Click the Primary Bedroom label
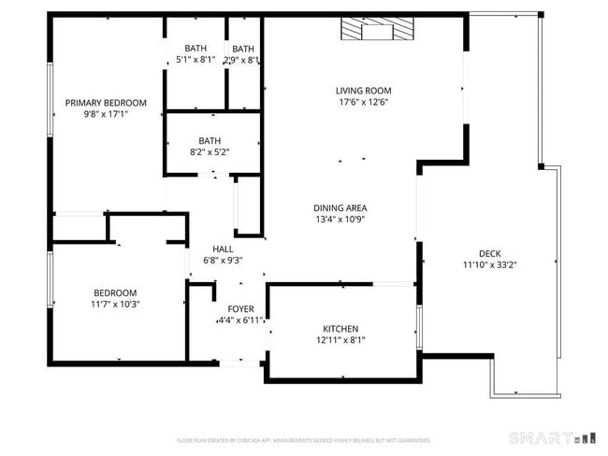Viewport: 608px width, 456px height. [x=106, y=103]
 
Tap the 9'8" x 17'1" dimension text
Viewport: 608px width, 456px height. [x=106, y=115]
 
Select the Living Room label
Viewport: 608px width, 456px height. [x=362, y=91]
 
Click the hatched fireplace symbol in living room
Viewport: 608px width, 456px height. [x=376, y=31]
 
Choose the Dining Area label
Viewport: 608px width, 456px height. [x=340, y=207]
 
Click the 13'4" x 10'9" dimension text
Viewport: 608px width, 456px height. [x=340, y=220]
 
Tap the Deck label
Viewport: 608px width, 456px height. [x=490, y=252]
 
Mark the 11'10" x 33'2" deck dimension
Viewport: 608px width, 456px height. [x=490, y=264]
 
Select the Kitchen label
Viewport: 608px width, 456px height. [x=340, y=329]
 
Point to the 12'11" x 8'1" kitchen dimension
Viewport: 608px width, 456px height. [x=340, y=341]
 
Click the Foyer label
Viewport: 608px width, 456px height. [x=240, y=308]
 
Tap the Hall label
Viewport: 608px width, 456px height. [x=223, y=249]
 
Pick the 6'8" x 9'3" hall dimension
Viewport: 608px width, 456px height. [x=223, y=261]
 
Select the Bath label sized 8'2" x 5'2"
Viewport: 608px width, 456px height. [x=210, y=139]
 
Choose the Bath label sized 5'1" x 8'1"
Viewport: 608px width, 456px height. [x=195, y=48]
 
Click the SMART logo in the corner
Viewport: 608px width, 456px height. [x=551, y=437]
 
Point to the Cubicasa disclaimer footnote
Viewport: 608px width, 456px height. [x=304, y=440]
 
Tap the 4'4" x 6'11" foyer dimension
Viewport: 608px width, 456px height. [x=240, y=321]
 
